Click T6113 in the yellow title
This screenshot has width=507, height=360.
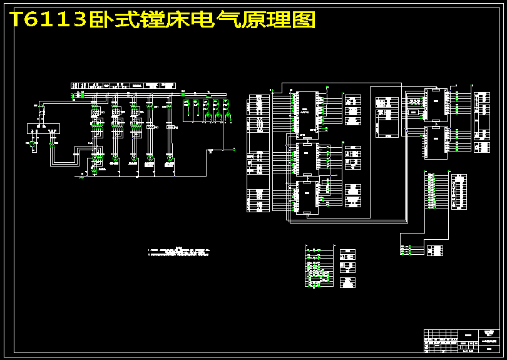tap(48, 20)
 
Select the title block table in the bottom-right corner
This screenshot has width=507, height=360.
tap(463, 341)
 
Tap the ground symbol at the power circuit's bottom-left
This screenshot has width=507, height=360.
tap(81, 177)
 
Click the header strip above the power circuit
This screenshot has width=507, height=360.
tap(124, 85)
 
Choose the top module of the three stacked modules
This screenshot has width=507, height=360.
tap(307, 111)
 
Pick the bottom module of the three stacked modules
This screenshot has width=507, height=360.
tap(307, 198)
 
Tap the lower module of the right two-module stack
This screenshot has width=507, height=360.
tap(435, 143)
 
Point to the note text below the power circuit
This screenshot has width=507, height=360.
tap(178, 253)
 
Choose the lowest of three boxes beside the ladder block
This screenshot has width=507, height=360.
tap(347, 283)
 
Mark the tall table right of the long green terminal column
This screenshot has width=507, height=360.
tap(459, 192)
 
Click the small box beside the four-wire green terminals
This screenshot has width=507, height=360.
tap(435, 250)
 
